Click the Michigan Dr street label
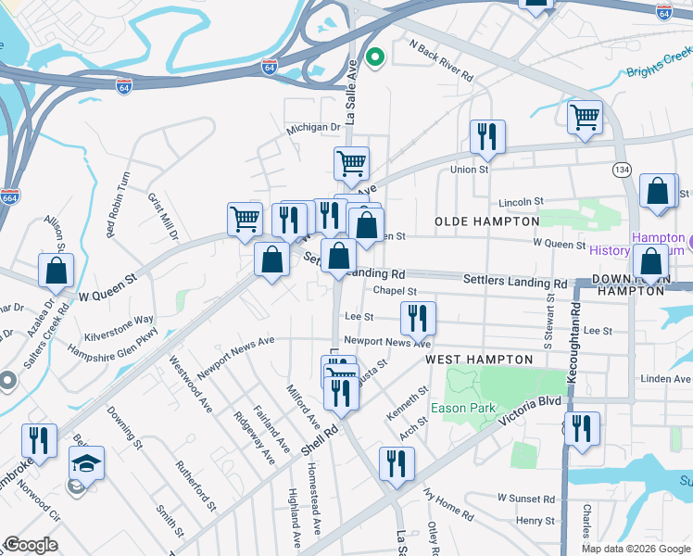tap(313, 128)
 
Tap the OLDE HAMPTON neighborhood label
tap(487, 221)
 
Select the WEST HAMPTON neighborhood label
tap(479, 359)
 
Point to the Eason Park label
tap(462, 408)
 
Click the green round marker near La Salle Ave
tap(375, 57)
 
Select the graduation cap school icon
tap(86, 463)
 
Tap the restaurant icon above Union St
tap(486, 137)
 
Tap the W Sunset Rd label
tap(524, 499)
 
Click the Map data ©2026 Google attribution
tap(636, 549)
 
